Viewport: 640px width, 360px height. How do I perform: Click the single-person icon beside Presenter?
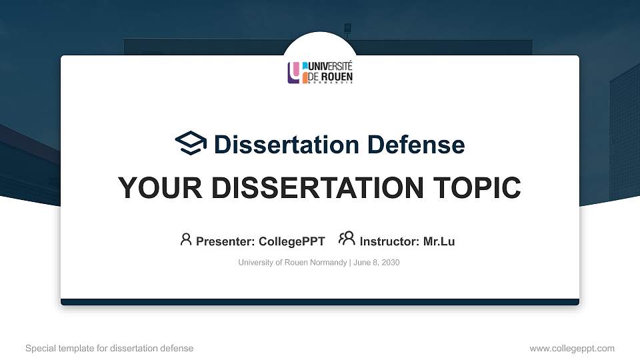(x=186, y=239)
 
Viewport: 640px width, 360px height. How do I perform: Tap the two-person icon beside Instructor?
(x=347, y=239)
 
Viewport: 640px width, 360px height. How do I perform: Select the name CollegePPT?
(x=293, y=241)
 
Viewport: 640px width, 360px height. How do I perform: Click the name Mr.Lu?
(x=439, y=241)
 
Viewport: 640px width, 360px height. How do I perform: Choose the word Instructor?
(x=389, y=241)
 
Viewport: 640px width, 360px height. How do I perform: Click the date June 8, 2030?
(x=376, y=263)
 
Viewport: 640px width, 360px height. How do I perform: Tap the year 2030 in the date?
(x=389, y=263)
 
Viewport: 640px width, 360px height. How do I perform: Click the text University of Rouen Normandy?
(x=292, y=263)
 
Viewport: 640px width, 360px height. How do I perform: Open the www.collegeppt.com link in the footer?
(x=571, y=348)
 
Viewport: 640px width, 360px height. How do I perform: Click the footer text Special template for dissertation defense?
(x=109, y=348)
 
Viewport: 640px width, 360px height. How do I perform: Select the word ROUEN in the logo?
(x=337, y=77)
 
